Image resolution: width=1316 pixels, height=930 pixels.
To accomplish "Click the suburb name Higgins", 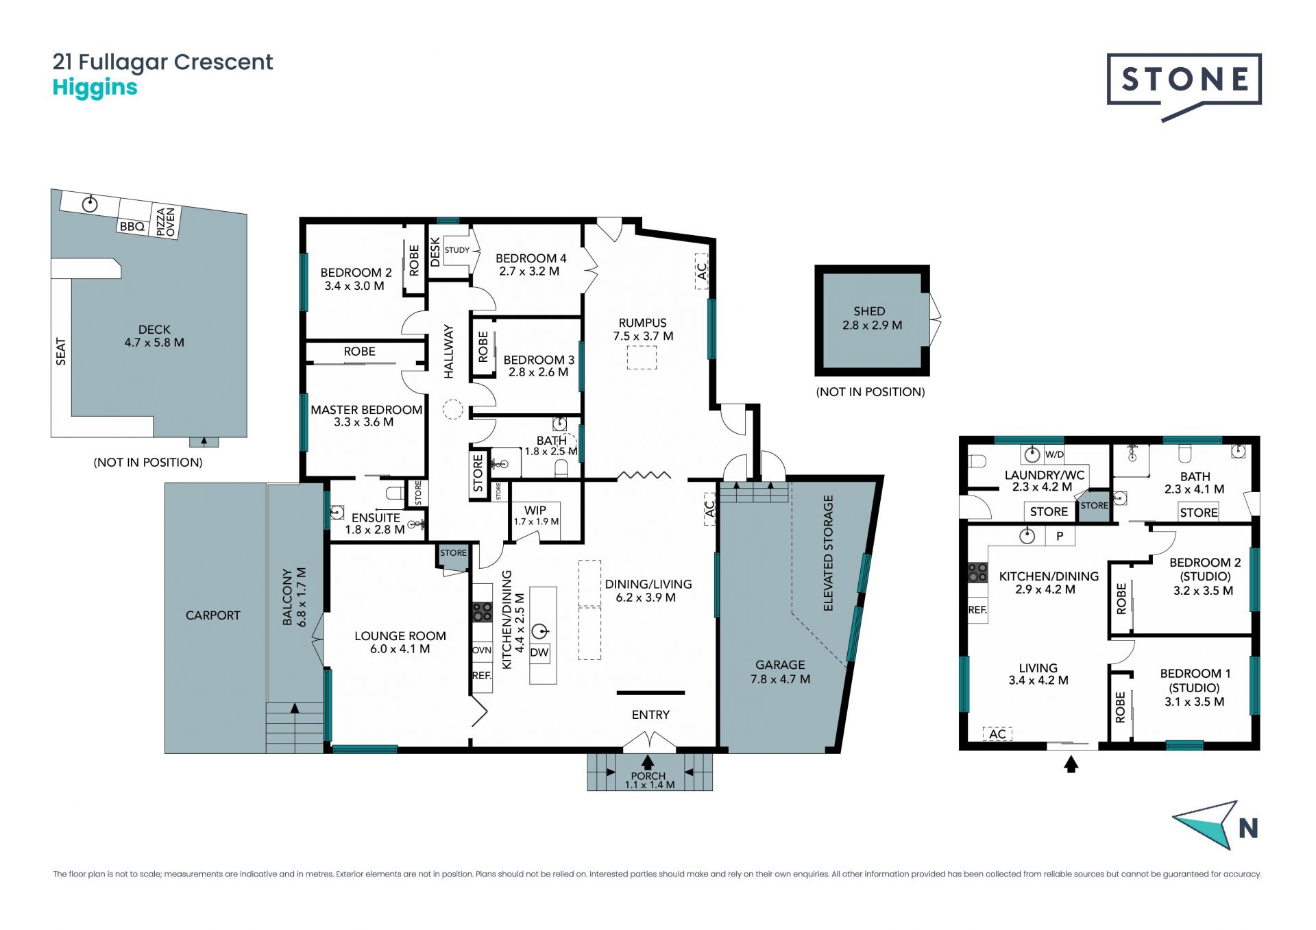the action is click(95, 88).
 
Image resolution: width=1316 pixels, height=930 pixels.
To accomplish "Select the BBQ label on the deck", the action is click(132, 226).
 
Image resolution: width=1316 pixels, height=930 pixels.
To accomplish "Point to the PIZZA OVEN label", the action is click(166, 222).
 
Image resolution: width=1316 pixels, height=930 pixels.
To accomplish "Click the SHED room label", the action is click(869, 311).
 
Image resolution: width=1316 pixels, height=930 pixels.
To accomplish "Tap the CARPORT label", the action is click(213, 615).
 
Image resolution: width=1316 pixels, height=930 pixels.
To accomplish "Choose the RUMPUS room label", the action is click(642, 323).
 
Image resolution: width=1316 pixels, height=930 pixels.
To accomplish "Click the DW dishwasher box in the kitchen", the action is click(539, 652).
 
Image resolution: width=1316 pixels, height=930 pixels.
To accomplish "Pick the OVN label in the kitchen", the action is click(482, 650).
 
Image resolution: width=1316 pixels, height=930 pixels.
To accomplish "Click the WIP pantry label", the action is click(535, 511).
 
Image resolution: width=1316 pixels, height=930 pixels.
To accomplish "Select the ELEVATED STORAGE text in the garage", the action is click(828, 553).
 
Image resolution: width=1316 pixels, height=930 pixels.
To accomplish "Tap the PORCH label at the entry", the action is click(648, 776).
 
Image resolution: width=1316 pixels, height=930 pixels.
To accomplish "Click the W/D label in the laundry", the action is click(1054, 454).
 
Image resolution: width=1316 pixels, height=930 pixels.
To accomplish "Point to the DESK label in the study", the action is click(435, 252).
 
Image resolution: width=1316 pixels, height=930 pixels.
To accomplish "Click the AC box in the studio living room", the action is click(997, 734).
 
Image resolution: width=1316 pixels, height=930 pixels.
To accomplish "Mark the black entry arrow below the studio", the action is click(1071, 763).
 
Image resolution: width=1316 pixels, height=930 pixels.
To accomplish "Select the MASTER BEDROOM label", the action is click(367, 410).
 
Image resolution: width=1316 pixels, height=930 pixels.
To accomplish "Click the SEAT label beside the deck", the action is click(61, 352).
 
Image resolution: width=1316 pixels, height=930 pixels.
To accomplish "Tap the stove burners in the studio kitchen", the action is click(977, 572).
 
